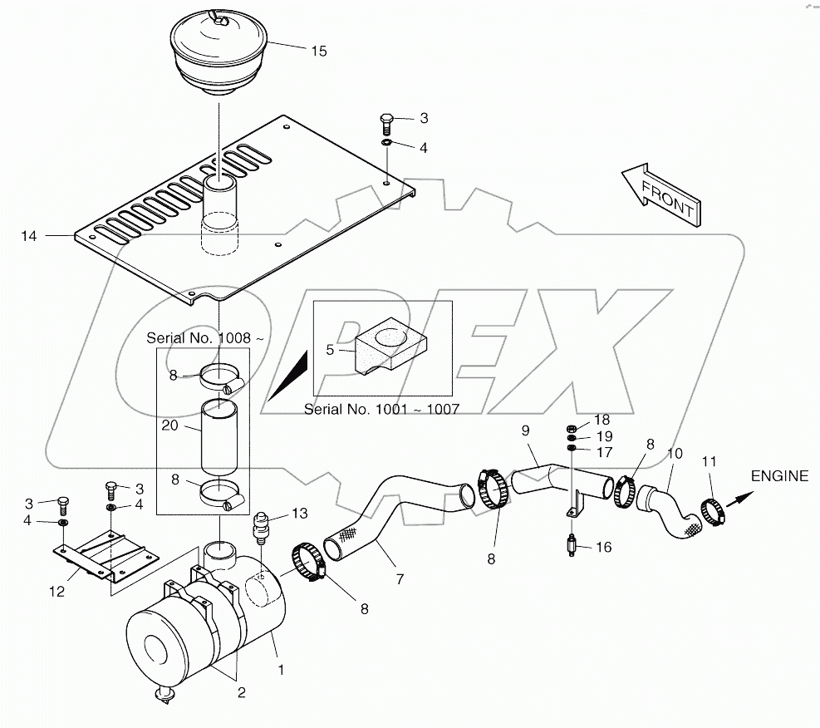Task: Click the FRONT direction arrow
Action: pyautogui.click(x=661, y=196)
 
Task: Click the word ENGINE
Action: pyautogui.click(x=778, y=476)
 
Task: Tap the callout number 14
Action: pyautogui.click(x=29, y=236)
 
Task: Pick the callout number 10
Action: pyautogui.click(x=675, y=455)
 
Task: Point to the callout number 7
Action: pyautogui.click(x=400, y=578)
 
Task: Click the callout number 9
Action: pyautogui.click(x=524, y=430)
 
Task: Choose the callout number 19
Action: pyautogui.click(x=603, y=436)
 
